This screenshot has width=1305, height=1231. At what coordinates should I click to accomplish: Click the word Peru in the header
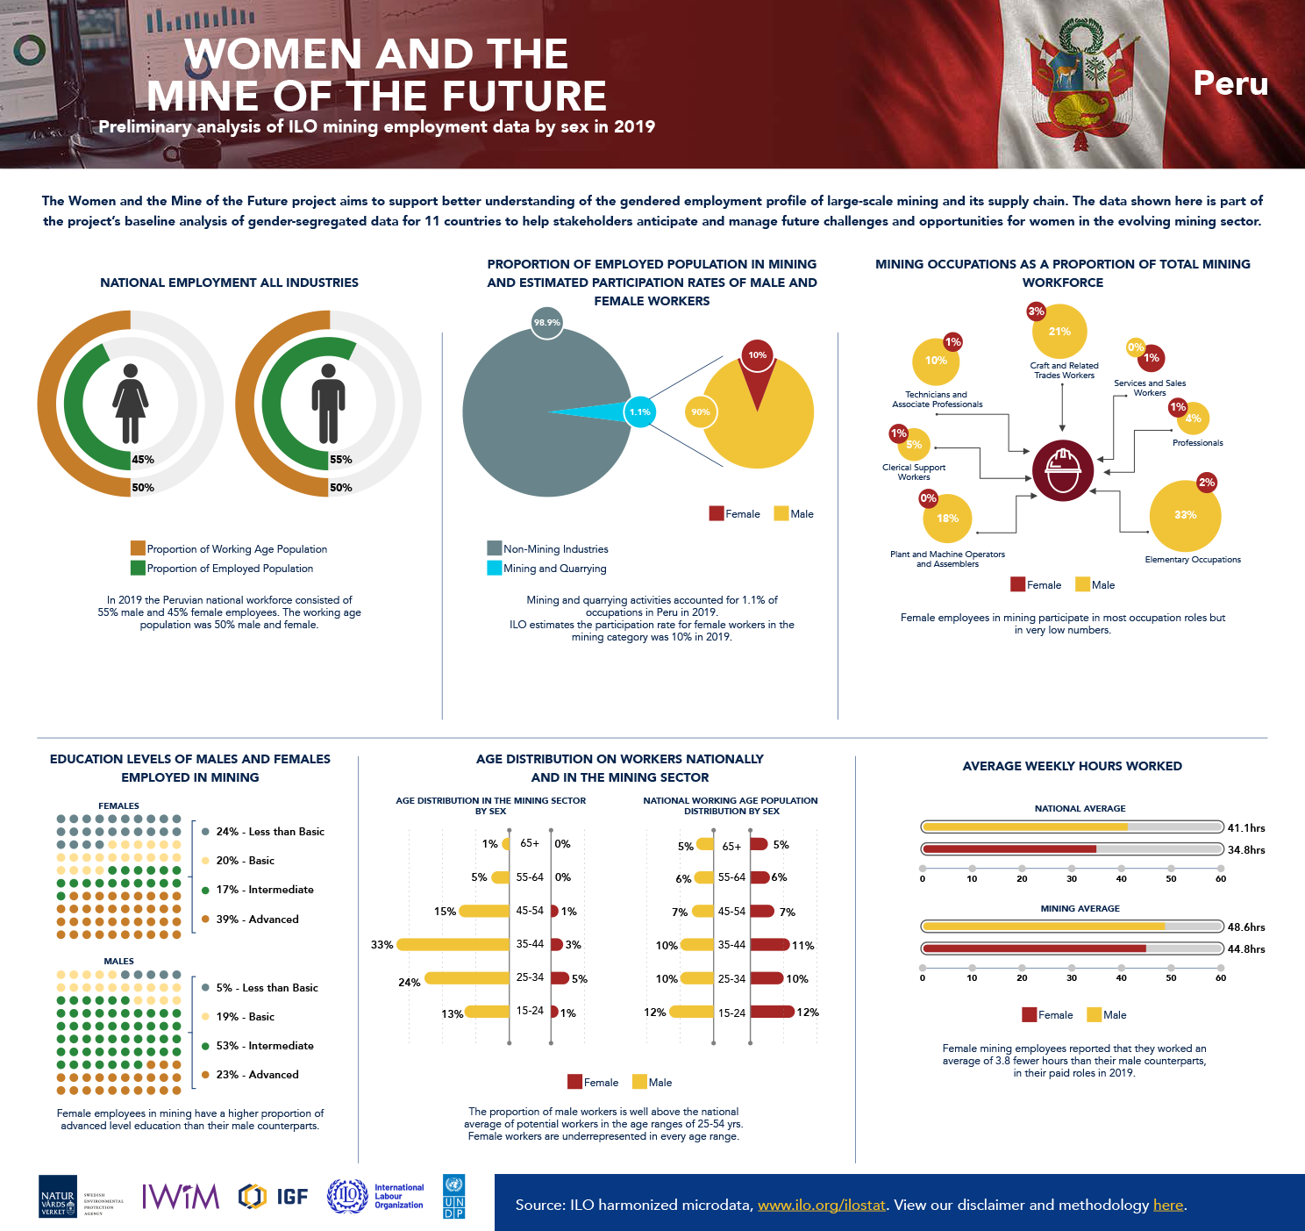[x=1230, y=83]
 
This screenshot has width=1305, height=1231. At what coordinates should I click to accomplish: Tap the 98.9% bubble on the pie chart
[x=546, y=323]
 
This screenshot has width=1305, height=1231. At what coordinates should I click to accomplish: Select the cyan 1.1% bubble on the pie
[x=639, y=412]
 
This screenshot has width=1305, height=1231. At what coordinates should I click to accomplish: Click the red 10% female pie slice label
[x=757, y=355]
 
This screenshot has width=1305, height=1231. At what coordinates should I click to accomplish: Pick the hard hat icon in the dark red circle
[x=1063, y=470]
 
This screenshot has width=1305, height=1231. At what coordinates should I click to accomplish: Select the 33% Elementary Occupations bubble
[x=1185, y=515]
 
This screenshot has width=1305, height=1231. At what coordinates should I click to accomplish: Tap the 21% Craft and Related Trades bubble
[x=1059, y=332]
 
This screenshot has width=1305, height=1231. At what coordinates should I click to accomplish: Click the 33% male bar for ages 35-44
[x=453, y=945]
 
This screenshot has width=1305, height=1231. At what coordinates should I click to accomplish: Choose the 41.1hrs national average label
[x=1245, y=827]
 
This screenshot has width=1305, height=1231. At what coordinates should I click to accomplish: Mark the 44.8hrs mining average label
[x=1245, y=948]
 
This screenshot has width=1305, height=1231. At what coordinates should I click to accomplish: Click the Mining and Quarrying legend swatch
[x=494, y=568]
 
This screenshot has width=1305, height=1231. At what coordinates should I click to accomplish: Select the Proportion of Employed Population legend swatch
[x=138, y=568]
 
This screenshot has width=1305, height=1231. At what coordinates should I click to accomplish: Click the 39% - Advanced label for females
[x=257, y=919]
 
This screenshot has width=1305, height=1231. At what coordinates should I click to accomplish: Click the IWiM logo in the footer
[x=181, y=1196]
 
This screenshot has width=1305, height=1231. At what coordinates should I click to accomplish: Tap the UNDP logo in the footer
[x=454, y=1197]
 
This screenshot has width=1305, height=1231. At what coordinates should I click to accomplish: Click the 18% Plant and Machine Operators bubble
[x=947, y=519]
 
